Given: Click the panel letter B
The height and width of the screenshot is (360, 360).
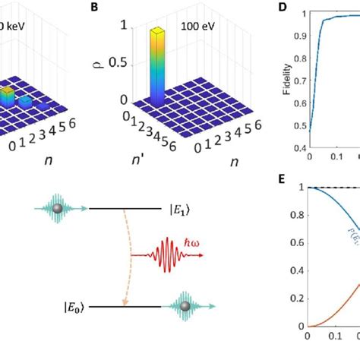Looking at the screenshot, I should (x=115, y=8).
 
